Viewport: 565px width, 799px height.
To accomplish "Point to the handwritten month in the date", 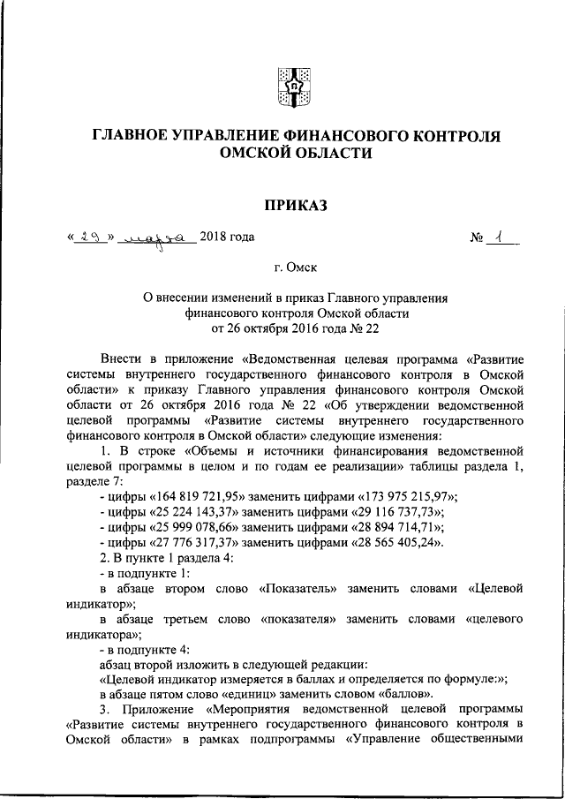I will pyautogui.click(x=156, y=237).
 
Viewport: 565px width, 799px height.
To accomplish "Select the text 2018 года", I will pyautogui.click(x=227, y=237).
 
